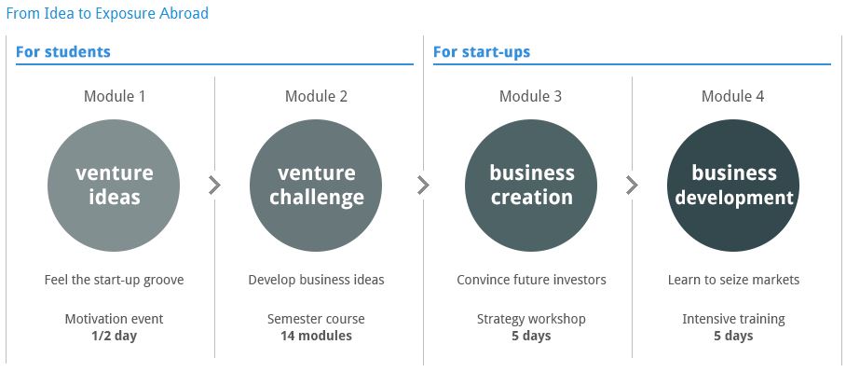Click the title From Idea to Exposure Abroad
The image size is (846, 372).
coord(107,13)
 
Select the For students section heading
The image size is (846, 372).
coord(63,52)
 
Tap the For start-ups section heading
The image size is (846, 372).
coord(482,52)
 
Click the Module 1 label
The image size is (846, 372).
coord(115,96)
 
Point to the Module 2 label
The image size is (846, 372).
coord(316,96)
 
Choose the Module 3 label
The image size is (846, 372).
coord(530,96)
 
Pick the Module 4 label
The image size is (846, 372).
coord(732,96)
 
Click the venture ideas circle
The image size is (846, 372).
coord(114,186)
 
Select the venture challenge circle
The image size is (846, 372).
coord(316,186)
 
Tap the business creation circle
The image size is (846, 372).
coord(531,186)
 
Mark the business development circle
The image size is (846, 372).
coord(733,186)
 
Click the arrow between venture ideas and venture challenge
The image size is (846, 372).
coord(214,186)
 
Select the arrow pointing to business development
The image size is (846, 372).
coord(633,186)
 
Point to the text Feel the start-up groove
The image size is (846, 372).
coord(114,280)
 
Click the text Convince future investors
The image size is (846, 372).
coord(531,280)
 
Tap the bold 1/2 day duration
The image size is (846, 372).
coord(114,336)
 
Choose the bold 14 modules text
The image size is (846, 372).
coord(316,336)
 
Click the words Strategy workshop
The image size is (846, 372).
coord(531,319)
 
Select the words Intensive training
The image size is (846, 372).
coord(733,319)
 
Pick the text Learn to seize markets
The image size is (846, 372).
coord(733,280)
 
